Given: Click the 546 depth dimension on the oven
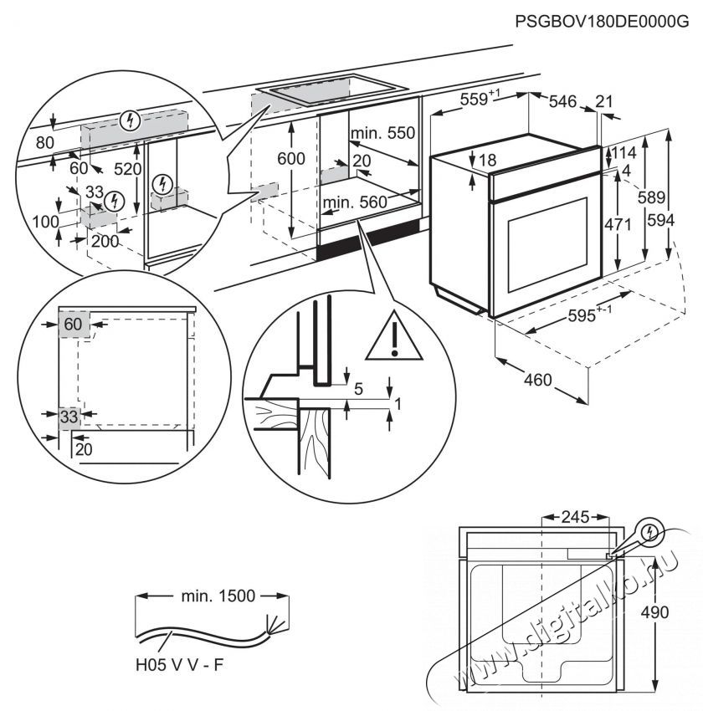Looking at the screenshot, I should [562, 101].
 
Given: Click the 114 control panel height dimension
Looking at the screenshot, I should [623, 153].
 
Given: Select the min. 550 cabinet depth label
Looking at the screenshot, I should [382, 133].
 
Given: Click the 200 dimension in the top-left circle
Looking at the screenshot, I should [105, 242].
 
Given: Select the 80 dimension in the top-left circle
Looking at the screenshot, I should [45, 143].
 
